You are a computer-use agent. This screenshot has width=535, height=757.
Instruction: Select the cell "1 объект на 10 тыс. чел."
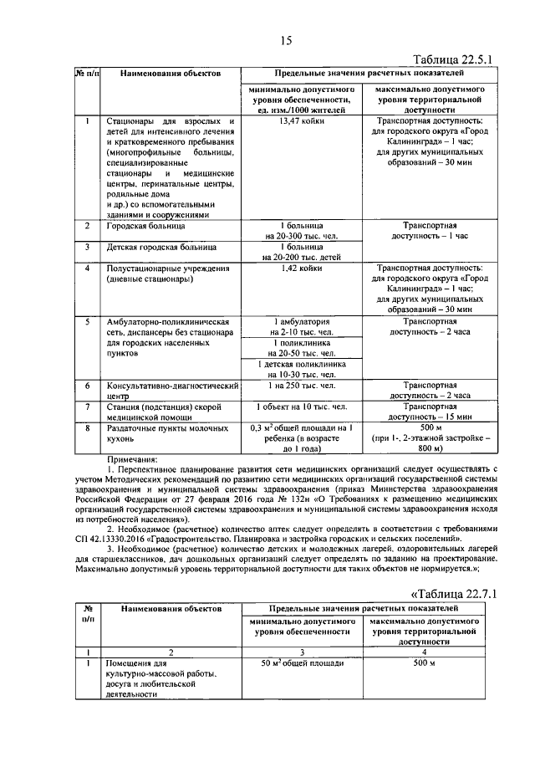302,407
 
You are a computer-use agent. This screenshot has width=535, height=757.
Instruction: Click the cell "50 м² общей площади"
302,663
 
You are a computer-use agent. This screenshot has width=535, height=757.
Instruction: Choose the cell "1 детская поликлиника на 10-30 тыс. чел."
302,370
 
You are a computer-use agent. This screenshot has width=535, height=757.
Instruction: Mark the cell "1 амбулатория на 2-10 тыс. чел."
302,326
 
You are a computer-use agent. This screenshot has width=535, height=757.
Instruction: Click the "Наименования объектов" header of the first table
170,74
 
